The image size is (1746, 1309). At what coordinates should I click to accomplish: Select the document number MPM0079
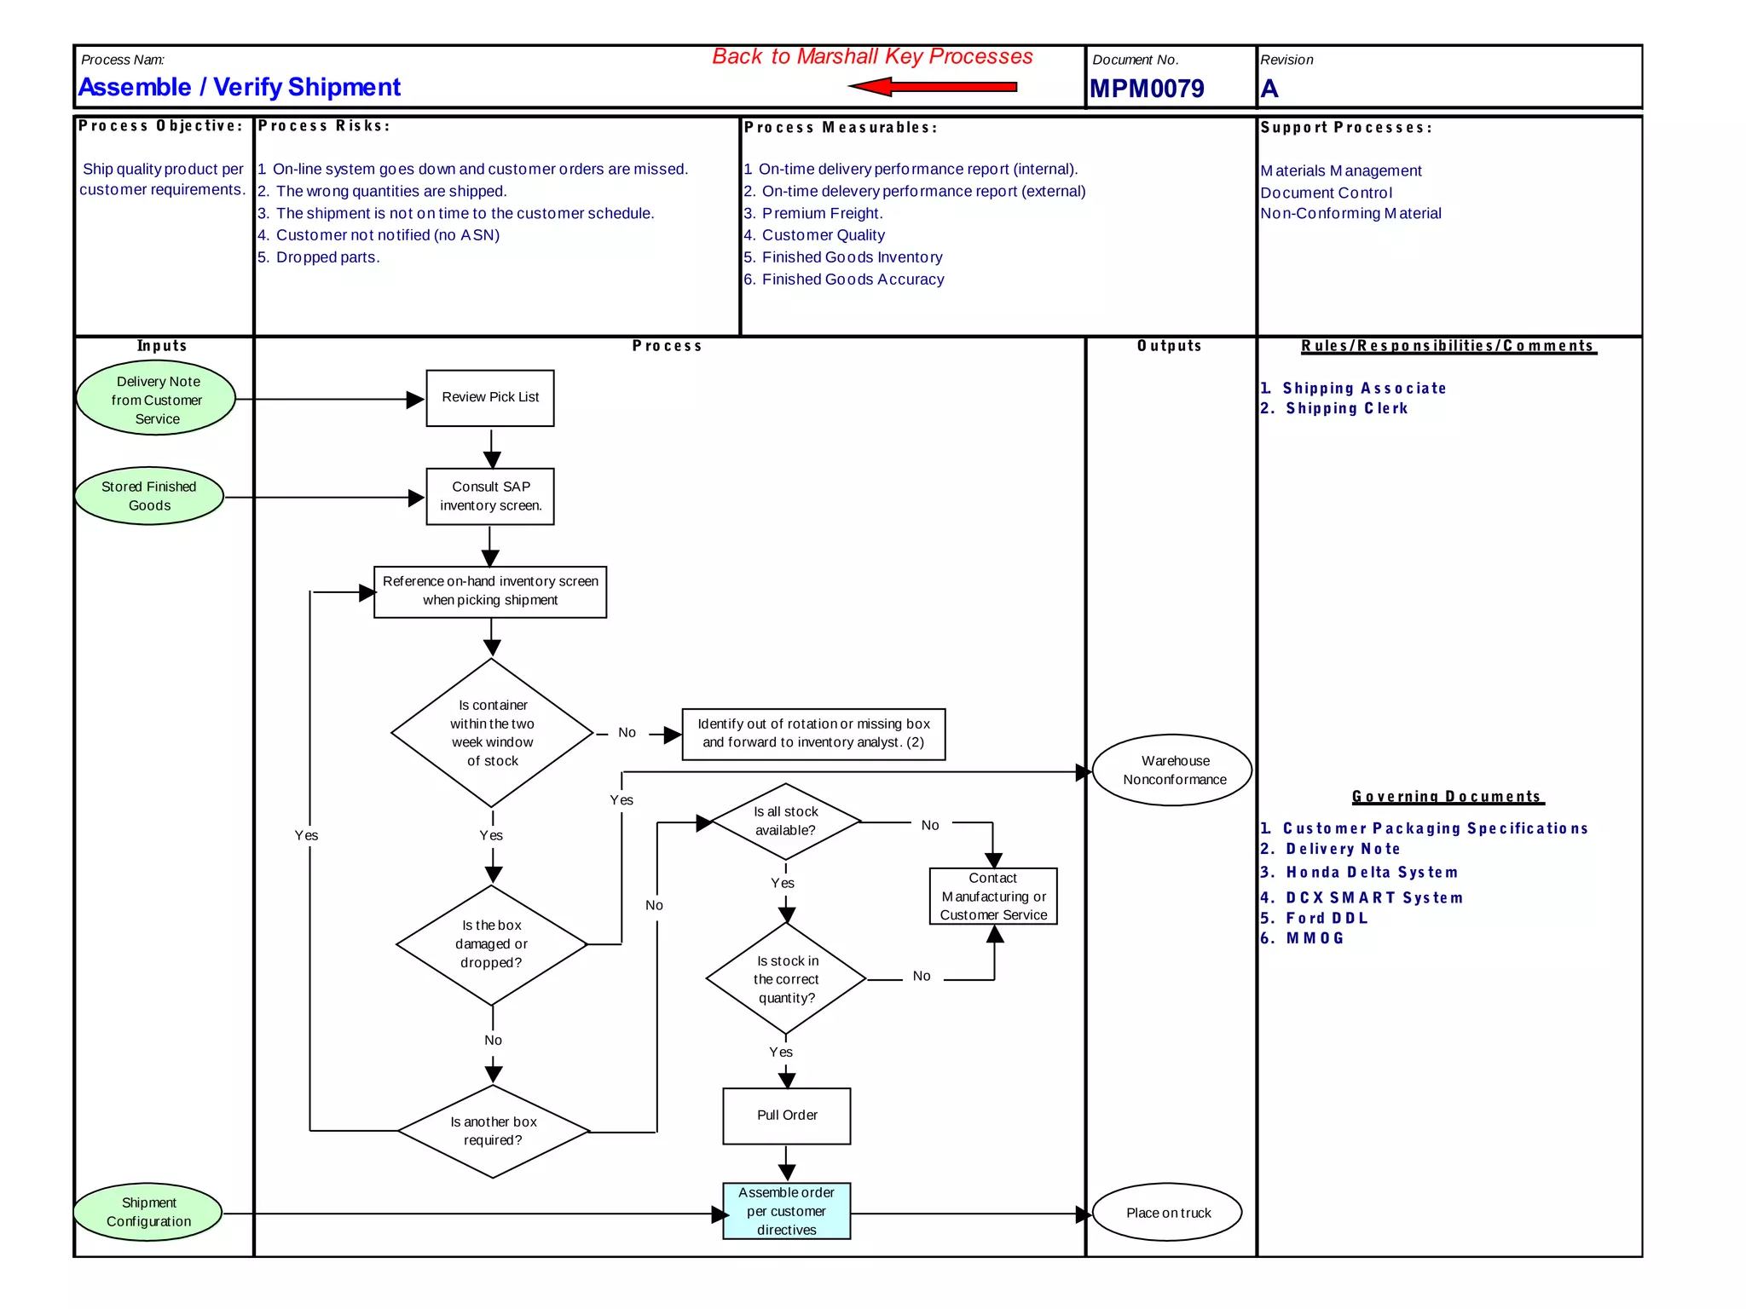(1147, 89)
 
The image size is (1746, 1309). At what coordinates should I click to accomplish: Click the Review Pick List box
(490, 398)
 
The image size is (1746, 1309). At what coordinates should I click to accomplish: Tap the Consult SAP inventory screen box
(490, 497)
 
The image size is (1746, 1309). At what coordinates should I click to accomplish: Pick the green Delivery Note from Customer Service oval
(157, 400)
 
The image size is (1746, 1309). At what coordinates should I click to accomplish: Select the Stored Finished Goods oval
(149, 496)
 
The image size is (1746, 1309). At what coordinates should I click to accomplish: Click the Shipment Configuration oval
(148, 1212)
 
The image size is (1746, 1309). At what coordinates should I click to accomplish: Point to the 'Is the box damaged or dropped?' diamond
(492, 944)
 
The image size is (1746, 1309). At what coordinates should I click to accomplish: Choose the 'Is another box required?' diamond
(493, 1132)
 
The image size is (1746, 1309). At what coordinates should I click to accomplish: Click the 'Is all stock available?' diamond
(785, 822)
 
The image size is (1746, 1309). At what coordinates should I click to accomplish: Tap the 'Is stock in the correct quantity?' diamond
(786, 979)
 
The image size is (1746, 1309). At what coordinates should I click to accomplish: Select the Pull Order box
(787, 1116)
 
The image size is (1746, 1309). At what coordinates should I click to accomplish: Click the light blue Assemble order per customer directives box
(787, 1211)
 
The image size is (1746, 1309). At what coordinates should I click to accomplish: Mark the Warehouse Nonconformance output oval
(1173, 770)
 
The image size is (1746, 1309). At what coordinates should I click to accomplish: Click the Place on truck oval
(1167, 1213)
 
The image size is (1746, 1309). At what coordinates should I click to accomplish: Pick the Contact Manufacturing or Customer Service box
(993, 897)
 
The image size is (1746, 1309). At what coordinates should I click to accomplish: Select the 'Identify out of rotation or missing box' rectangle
(813, 734)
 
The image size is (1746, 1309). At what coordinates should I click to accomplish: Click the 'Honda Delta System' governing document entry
(1371, 873)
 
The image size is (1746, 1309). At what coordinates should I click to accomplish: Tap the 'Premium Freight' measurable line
(821, 214)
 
